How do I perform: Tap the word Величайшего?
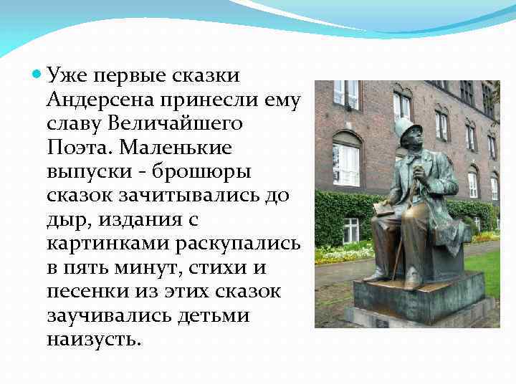176,123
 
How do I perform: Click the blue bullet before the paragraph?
37,75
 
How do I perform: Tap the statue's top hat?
406,129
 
